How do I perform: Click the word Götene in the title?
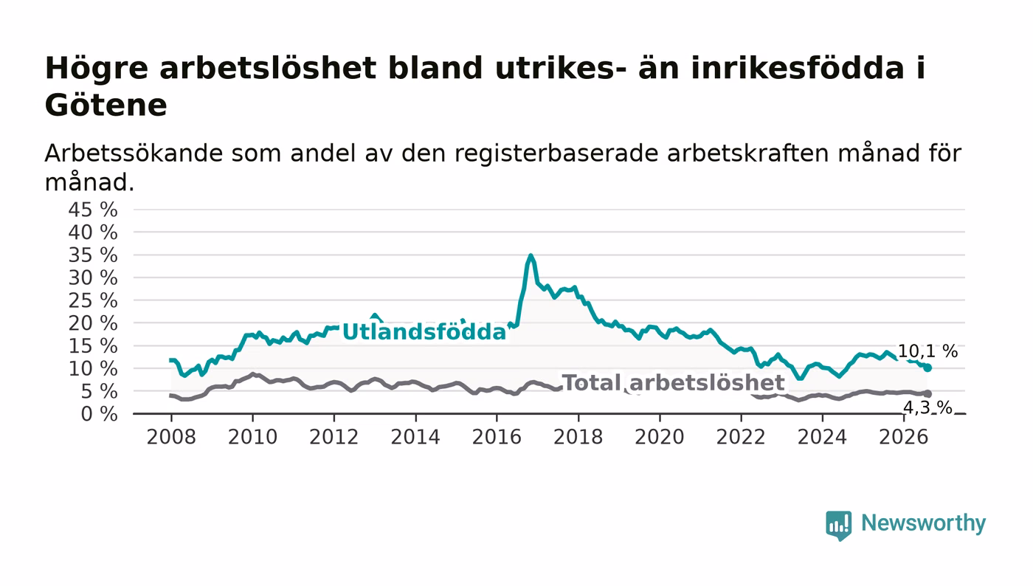[106, 106]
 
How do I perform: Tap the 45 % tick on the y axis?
[93, 210]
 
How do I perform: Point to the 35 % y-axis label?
[93, 255]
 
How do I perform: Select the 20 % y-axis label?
[93, 323]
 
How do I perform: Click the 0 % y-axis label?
[99, 414]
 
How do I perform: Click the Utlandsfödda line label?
[424, 332]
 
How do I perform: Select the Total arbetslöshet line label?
[673, 382]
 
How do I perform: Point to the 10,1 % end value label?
[928, 351]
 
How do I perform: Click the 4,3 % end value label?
[927, 407]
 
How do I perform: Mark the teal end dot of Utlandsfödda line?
[927, 368]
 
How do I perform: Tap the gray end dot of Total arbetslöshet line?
[927, 393]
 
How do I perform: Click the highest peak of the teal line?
[531, 255]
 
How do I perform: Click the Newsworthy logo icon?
[838, 525]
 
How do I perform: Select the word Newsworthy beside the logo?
[923, 523]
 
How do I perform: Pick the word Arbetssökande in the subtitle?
[134, 154]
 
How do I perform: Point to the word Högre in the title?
[97, 69]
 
